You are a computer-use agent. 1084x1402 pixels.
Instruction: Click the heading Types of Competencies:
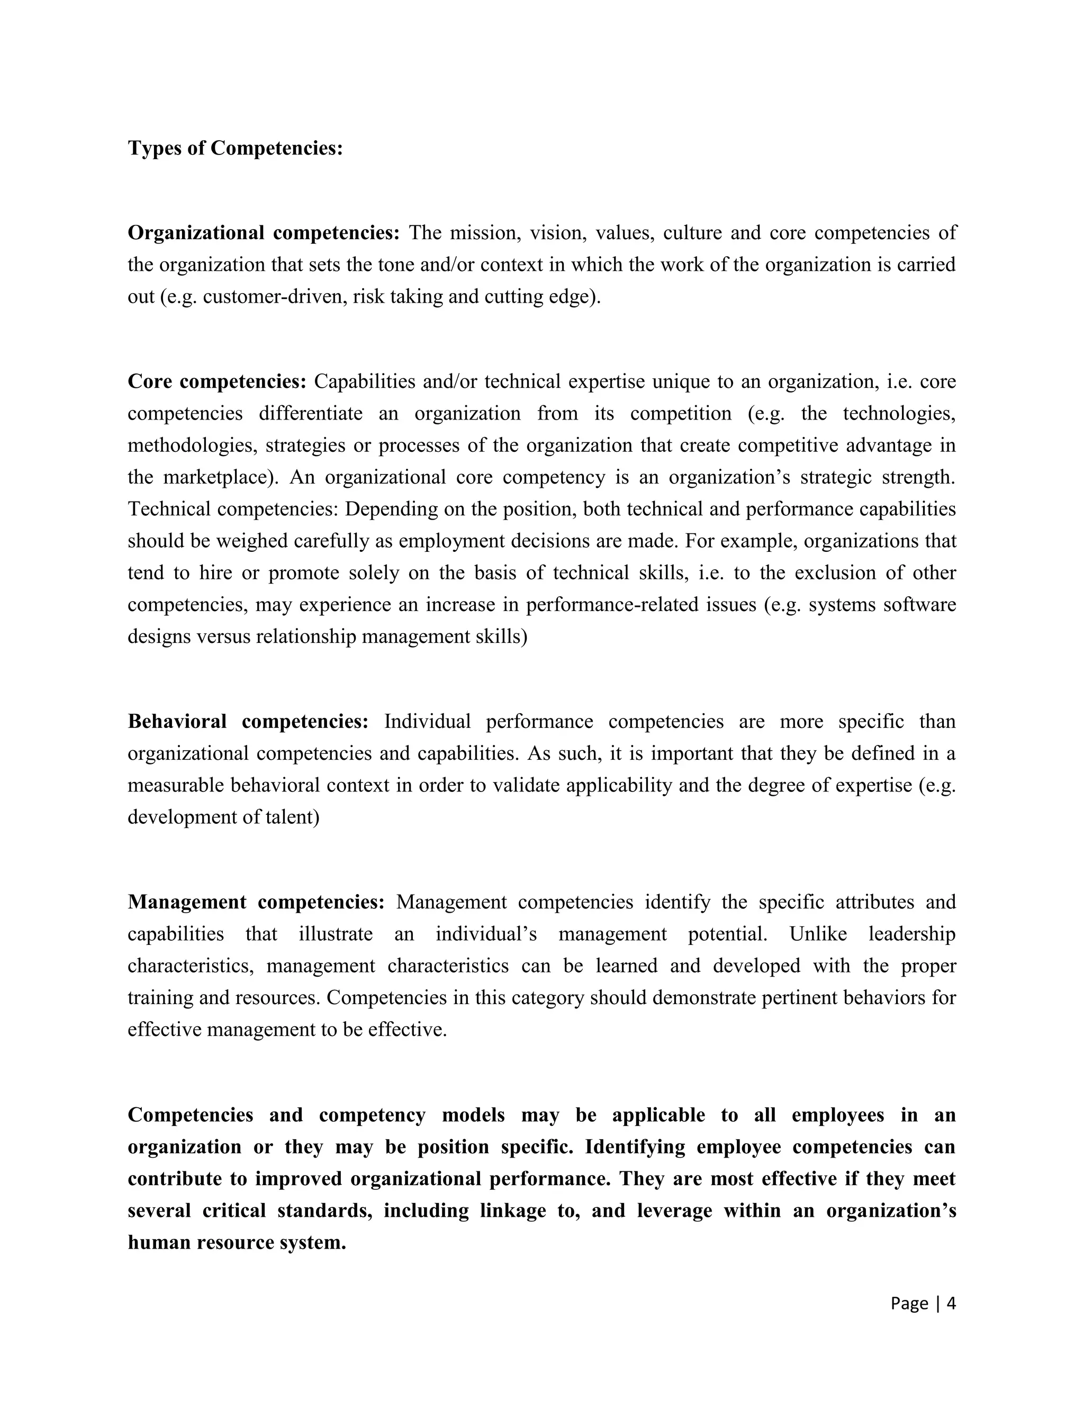pos(235,148)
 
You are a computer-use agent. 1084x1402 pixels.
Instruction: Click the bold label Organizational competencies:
pos(263,232)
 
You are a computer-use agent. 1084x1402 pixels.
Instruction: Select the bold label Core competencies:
pos(217,381)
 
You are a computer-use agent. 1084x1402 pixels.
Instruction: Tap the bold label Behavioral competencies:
pos(248,721)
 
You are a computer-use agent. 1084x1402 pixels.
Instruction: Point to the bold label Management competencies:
pos(256,902)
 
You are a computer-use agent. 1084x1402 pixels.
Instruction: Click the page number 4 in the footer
pos(951,1303)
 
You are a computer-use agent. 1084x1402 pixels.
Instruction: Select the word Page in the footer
pos(909,1303)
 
